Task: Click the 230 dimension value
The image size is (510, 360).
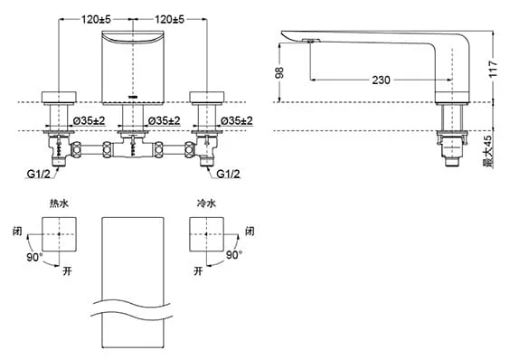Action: (381, 80)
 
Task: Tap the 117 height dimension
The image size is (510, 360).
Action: (493, 68)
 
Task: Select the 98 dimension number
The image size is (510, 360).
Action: (279, 72)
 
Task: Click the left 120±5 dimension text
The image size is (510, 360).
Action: (96, 20)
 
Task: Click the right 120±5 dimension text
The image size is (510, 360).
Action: (169, 20)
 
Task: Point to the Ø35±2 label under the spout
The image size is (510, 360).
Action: (164, 121)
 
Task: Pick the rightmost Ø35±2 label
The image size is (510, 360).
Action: (236, 121)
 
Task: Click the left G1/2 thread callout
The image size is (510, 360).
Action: (38, 175)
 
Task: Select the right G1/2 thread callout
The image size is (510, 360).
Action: (229, 175)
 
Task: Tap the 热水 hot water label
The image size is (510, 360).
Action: (59, 204)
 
